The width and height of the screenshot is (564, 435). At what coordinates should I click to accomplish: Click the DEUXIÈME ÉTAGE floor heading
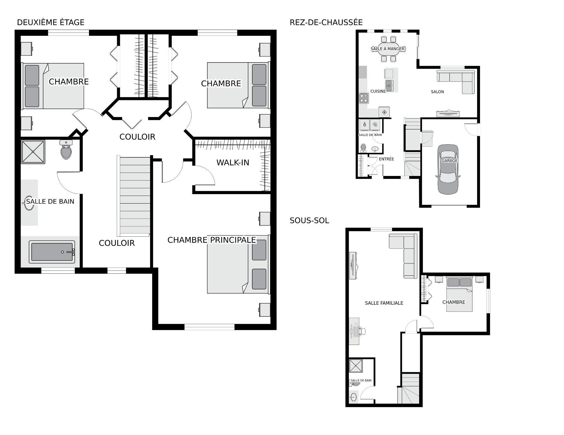pos(51,22)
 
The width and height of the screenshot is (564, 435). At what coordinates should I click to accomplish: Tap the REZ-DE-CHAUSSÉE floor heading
pos(326,22)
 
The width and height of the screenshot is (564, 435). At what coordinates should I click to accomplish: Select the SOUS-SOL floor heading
pos(309,220)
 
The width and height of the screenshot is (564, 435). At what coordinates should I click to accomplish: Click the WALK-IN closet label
pos(233,163)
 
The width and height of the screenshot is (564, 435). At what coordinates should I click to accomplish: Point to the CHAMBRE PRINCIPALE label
pos(211,240)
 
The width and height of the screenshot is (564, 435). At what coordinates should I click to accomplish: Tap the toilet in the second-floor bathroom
pos(66,150)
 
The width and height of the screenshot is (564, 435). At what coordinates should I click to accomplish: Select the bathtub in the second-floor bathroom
pos(52,252)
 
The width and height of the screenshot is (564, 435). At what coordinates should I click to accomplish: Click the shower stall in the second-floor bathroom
pos(33,152)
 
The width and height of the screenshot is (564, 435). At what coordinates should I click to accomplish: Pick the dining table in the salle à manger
pos(388,49)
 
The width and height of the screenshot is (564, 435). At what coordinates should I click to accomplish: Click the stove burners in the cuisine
pos(364,98)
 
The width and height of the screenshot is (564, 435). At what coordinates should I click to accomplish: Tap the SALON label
pos(437,92)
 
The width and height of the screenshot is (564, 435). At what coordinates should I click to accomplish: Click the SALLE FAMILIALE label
pos(384,303)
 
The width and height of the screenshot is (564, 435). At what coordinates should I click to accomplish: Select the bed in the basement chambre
pos(459,294)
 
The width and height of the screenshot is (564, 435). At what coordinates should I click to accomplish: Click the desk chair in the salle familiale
pos(362,331)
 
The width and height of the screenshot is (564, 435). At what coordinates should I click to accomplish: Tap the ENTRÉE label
pos(386,159)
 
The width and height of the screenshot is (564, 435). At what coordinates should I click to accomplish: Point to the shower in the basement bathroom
pos(356,366)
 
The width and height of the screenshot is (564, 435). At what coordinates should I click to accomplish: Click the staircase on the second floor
pos(134,196)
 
